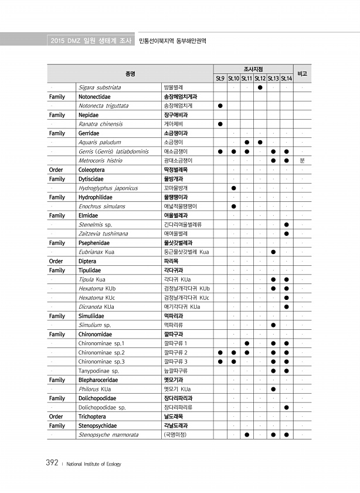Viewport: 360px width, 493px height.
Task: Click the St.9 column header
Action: click(220, 78)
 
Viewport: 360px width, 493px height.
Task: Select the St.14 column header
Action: click(286, 78)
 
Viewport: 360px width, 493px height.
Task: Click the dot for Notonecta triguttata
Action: click(220, 106)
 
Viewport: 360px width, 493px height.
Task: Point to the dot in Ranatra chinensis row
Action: click(220, 124)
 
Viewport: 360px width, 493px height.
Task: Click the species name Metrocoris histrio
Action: click(100, 160)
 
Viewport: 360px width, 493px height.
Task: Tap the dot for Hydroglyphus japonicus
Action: click(233, 188)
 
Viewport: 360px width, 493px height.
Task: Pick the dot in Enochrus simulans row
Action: click(233, 207)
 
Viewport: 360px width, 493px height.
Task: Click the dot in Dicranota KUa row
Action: click(286, 307)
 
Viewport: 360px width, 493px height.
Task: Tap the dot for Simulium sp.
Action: click(273, 325)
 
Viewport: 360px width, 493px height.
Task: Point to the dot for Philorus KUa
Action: click(273, 389)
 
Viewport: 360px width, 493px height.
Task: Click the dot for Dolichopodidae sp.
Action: click(286, 407)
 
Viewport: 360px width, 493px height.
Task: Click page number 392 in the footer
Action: click(52, 463)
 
